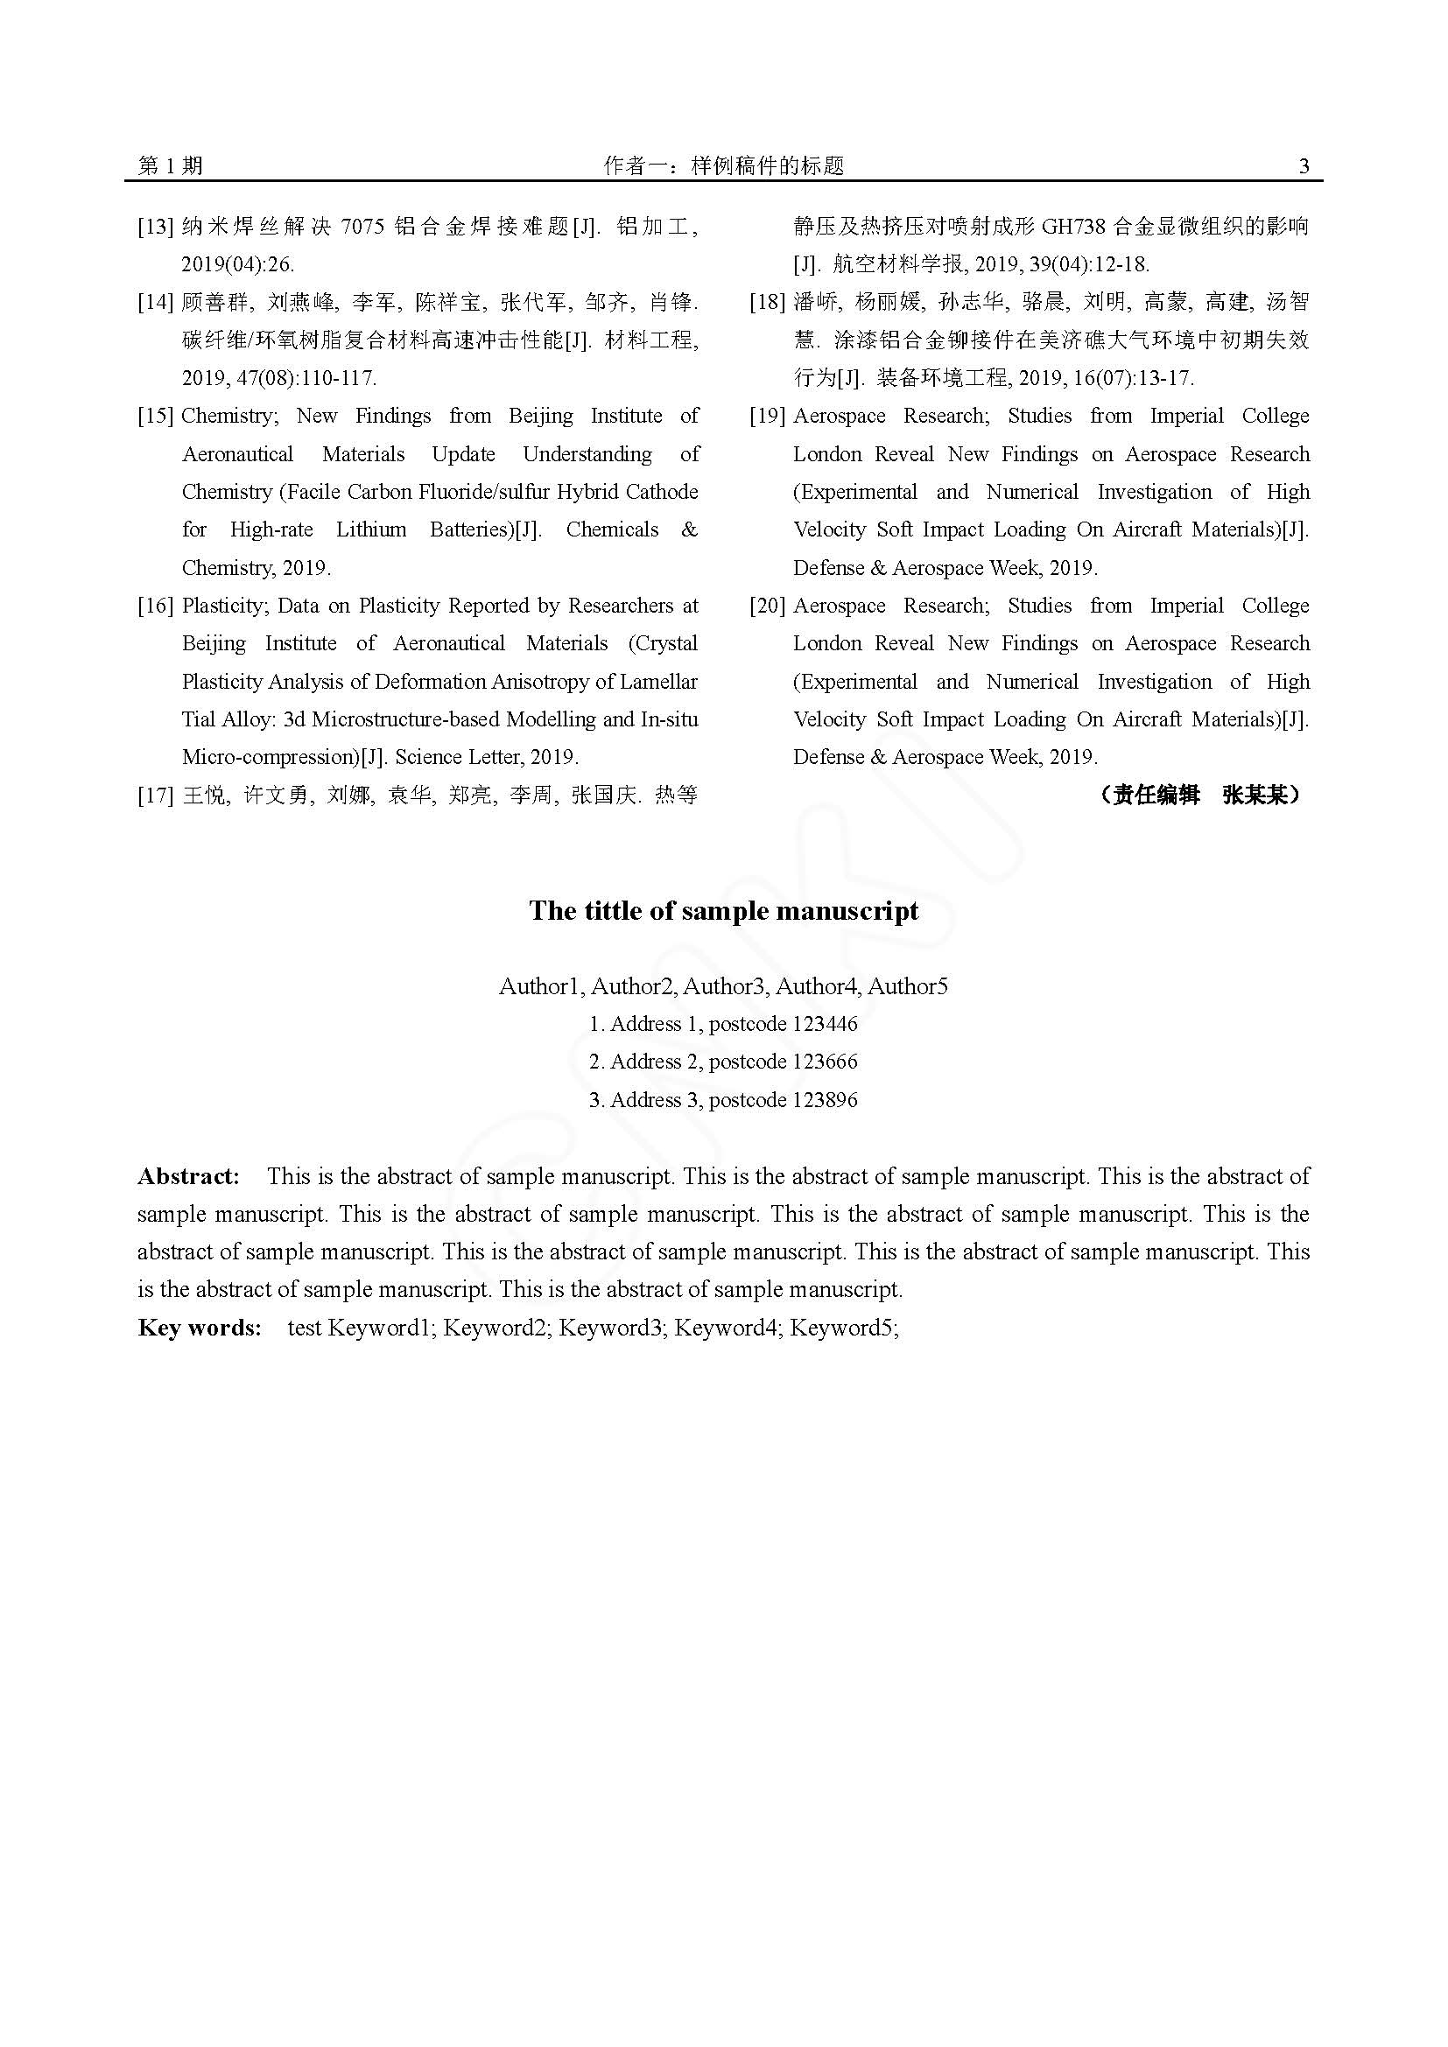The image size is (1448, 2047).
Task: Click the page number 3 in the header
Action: tap(1304, 165)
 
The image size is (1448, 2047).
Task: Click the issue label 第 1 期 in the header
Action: tap(171, 165)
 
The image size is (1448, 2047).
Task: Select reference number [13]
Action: tap(155, 227)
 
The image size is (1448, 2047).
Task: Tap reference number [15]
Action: tap(155, 417)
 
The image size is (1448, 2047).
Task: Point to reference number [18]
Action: tap(767, 302)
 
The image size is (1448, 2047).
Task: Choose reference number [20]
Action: tap(767, 606)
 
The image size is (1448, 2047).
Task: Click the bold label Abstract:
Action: tap(189, 1176)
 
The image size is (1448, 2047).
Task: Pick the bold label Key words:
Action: tap(200, 1328)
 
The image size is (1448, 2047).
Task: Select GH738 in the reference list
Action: tap(1072, 227)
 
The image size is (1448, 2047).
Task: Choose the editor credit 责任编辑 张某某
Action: tap(1199, 795)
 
